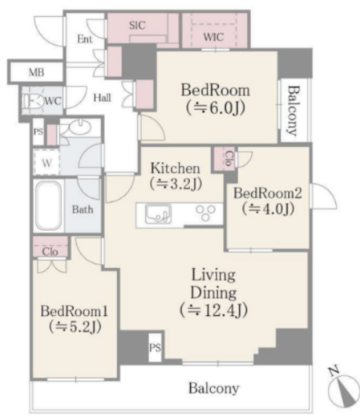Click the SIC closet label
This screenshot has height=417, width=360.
click(137, 26)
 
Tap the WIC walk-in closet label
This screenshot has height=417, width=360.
click(213, 37)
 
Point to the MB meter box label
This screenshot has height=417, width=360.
click(37, 72)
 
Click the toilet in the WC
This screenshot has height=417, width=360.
click(34, 102)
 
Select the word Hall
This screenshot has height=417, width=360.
click(102, 98)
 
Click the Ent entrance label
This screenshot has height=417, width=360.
click(85, 39)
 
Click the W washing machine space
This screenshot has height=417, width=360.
click(47, 163)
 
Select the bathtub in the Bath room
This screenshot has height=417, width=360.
click(49, 206)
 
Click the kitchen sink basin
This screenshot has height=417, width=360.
click(158, 214)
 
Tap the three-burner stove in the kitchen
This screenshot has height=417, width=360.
click(205, 213)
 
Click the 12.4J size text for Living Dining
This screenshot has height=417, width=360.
click(214, 310)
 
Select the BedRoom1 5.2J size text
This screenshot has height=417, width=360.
click(75, 326)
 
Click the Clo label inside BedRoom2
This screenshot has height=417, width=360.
click(229, 158)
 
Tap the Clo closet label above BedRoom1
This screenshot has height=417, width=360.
click(50, 252)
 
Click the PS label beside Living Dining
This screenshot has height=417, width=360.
click(155, 348)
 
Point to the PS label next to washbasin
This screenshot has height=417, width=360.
click(38, 132)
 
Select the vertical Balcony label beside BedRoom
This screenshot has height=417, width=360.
click(293, 111)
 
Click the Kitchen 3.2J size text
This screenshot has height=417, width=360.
click(176, 184)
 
